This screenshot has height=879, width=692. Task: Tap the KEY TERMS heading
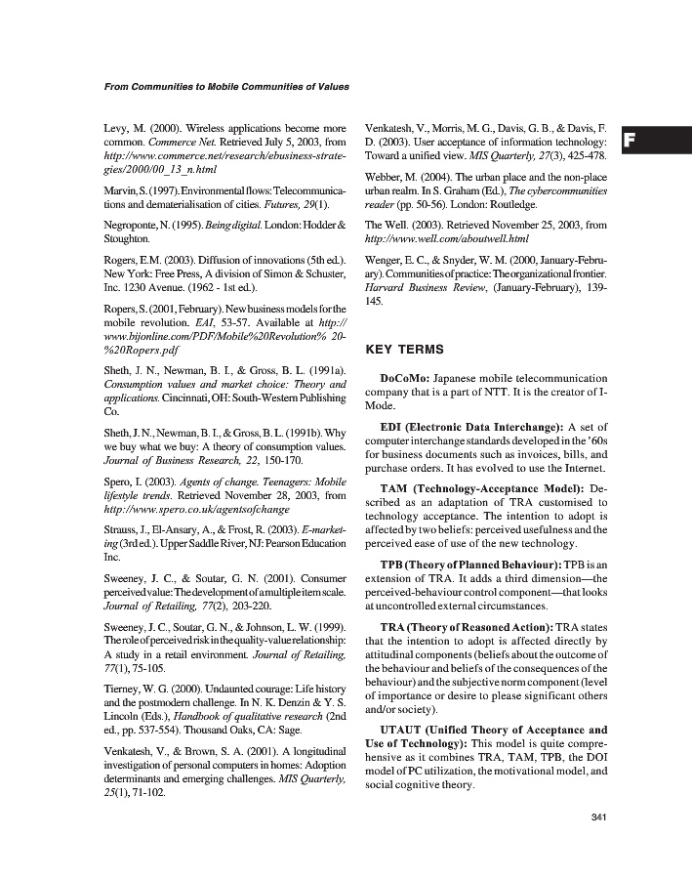[404, 349]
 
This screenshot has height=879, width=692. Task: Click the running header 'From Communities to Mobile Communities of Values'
[226, 87]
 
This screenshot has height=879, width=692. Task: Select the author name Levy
[117, 128]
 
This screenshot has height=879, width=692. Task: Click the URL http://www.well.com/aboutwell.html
[446, 238]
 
